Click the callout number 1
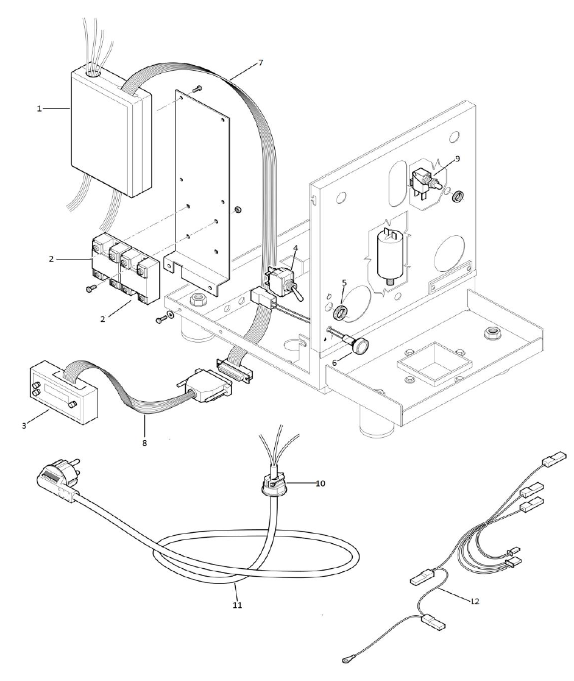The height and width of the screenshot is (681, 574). (x=39, y=108)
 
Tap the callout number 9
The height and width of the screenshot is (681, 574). (x=457, y=159)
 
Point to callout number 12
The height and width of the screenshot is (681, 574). (x=475, y=601)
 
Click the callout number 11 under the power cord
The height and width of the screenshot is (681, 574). (x=237, y=605)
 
